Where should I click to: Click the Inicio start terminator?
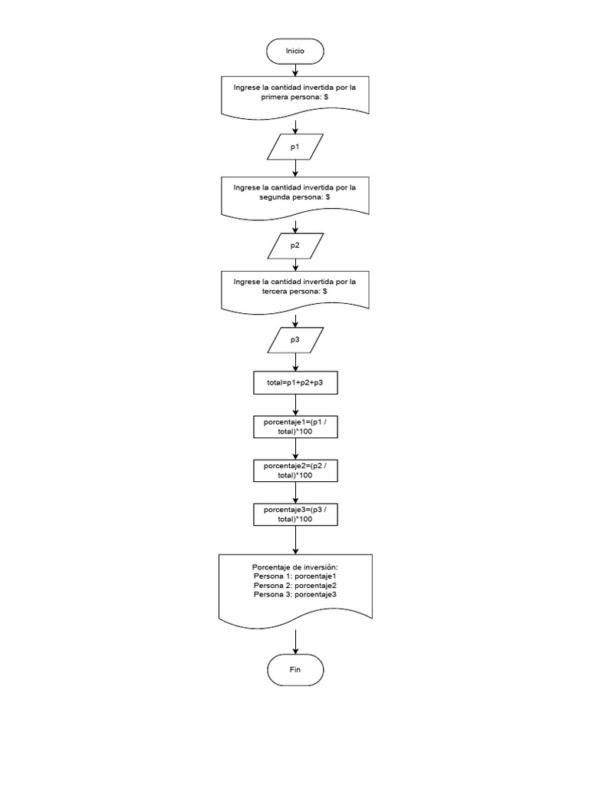coord(295,51)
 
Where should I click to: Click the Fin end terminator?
coord(295,669)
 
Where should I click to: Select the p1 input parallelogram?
coord(295,146)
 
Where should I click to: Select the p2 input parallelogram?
coord(295,245)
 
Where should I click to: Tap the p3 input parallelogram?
coord(295,339)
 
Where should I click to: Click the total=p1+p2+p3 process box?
coord(295,382)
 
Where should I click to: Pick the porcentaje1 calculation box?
coord(295,427)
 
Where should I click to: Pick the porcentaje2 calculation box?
coord(295,470)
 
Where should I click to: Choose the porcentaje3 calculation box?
coord(295,514)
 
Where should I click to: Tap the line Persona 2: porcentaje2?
coord(295,585)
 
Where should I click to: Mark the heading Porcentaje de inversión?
coord(295,566)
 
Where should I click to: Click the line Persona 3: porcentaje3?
coord(295,594)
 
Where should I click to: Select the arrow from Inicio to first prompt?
coord(295,70)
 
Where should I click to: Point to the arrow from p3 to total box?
coord(295,362)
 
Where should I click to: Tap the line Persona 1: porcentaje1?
coord(295,576)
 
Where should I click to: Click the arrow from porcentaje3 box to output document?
coord(295,540)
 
